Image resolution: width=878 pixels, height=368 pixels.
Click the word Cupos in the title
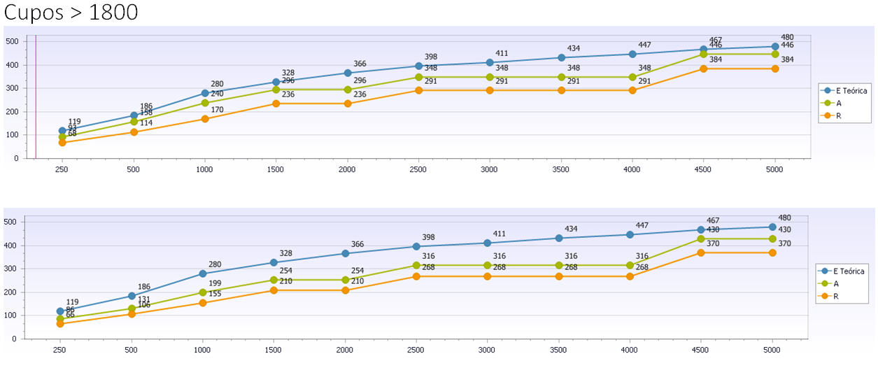pos(36,13)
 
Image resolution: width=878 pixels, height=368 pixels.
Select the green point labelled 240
pos(205,103)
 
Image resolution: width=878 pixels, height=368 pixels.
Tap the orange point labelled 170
pos(205,119)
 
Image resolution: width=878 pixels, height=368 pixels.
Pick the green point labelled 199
pos(203,292)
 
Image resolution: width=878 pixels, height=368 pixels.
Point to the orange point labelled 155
pos(203,303)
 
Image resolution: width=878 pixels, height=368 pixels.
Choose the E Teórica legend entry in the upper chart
pos(847,90)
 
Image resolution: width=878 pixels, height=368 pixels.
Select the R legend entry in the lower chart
pos(839,297)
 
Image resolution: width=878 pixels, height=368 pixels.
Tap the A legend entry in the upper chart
pos(839,103)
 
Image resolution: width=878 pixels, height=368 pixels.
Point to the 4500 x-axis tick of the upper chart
pos(703,169)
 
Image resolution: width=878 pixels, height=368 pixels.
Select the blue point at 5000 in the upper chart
pos(774,47)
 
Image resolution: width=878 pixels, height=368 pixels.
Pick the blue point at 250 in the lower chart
pos(61,311)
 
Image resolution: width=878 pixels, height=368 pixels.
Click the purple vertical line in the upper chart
pos(36,98)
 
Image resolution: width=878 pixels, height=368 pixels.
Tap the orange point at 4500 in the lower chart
pos(702,253)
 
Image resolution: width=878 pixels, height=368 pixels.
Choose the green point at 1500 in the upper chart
pos(276,90)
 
